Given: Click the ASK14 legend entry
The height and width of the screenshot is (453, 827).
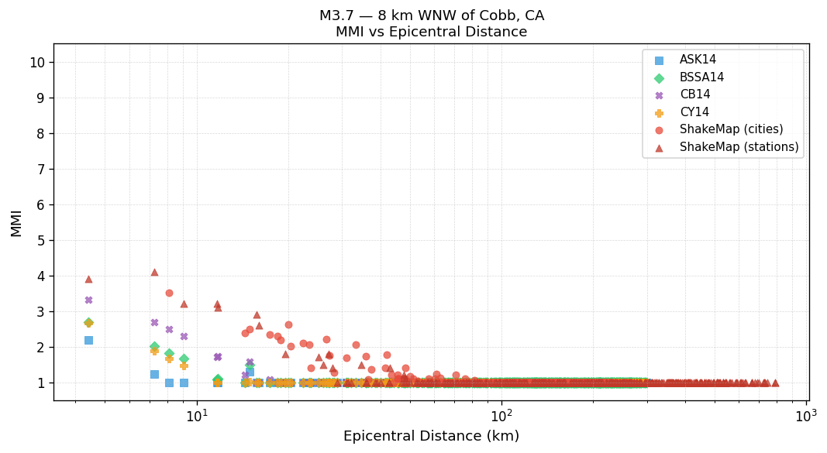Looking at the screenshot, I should (698, 60).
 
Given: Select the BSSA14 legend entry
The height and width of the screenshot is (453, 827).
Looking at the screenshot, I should (701, 77).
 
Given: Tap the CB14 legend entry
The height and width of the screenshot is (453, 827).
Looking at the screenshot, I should (694, 94).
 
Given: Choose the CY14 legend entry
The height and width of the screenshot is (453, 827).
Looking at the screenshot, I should (694, 112).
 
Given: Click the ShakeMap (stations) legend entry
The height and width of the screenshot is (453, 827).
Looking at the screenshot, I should (739, 147).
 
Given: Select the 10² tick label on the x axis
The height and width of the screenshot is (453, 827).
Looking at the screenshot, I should (501, 415).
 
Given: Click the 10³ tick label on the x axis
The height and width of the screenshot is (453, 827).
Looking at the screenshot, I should (805, 415).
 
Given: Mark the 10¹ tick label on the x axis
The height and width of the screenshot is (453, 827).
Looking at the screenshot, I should (198, 415).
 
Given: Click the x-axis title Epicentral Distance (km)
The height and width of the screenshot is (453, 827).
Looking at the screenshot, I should (431, 437).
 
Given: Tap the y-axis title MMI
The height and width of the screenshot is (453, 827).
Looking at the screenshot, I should (16, 222).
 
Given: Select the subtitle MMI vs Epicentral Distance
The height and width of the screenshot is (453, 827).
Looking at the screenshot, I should (431, 33).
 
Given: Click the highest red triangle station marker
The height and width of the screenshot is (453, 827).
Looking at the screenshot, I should (154, 272).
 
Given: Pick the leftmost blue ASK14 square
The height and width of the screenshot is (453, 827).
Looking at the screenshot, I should (88, 340).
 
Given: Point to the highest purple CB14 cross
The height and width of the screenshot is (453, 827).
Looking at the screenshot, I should (88, 300).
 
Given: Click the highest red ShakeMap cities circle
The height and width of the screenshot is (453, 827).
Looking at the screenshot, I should (169, 293).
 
